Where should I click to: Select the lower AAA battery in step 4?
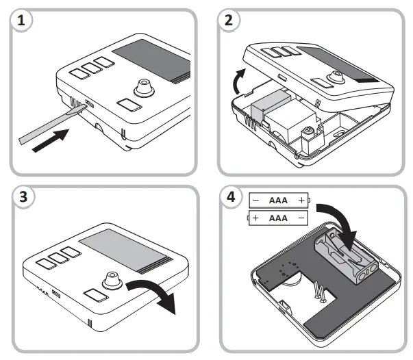[x=277, y=218]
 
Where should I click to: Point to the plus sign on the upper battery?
[x=301, y=200]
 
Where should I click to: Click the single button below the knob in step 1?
[x=128, y=105]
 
